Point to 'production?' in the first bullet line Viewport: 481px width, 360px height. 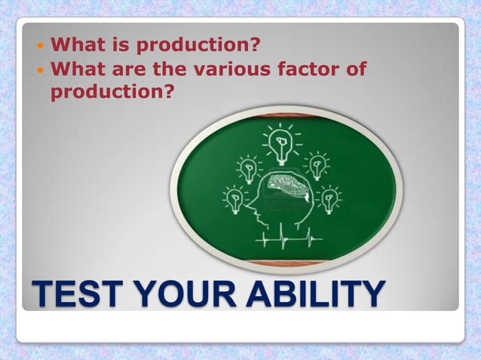click(203, 47)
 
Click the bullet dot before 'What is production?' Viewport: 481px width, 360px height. click(41, 47)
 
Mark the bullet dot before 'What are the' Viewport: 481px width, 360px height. click(41, 70)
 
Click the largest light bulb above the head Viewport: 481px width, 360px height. click(281, 143)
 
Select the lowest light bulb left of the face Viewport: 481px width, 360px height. click(234, 199)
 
